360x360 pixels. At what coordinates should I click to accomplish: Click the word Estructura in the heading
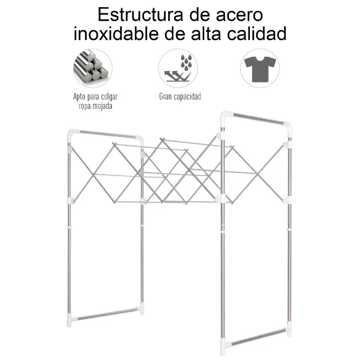(x=137, y=14)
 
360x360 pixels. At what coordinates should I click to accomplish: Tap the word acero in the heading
(x=238, y=14)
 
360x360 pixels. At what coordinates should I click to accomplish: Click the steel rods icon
(x=93, y=68)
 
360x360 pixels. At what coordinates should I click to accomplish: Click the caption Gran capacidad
(x=180, y=96)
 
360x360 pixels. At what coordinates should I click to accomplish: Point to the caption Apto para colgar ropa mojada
(x=93, y=101)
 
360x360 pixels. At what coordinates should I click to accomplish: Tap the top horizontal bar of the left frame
(x=106, y=135)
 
